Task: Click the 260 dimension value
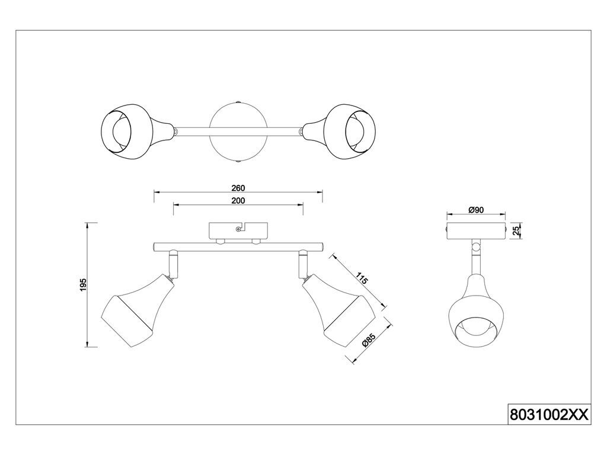pos(238,188)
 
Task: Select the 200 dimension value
pos(238,200)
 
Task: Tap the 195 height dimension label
pos(83,285)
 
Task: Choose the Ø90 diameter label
pos(476,210)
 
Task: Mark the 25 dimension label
pos(516,231)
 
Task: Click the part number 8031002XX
pos(550,415)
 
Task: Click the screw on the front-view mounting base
pos(238,229)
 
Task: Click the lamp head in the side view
pos(477,309)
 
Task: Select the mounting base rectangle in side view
pos(477,231)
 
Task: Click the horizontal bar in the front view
pos(238,246)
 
